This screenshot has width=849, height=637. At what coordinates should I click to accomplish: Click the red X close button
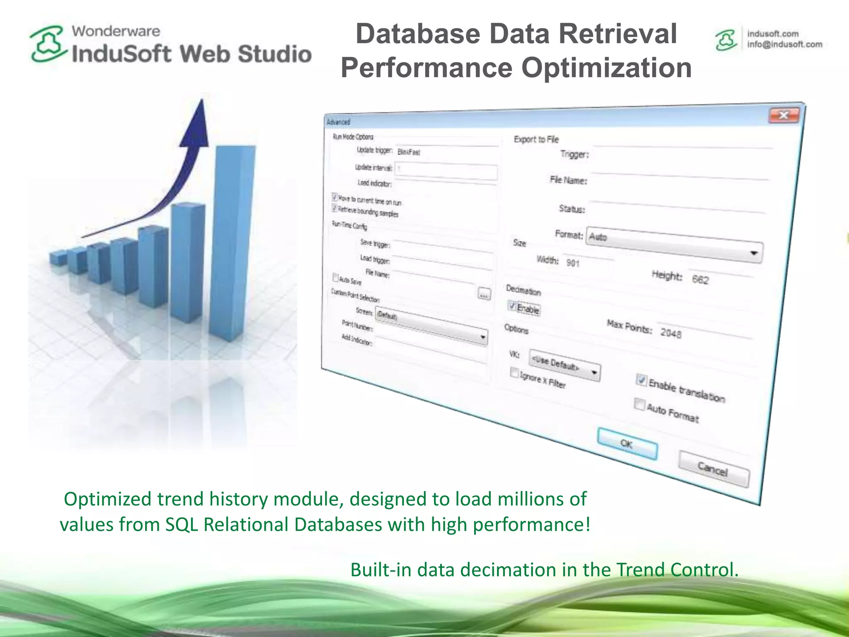tap(784, 115)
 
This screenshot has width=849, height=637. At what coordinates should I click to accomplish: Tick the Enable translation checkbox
tap(642, 379)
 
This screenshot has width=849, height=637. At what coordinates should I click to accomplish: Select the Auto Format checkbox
tap(640, 404)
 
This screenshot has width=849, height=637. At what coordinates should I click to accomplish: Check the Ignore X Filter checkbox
tap(514, 372)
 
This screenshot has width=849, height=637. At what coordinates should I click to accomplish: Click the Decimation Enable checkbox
tap(512, 306)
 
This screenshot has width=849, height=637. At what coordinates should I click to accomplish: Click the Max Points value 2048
tap(671, 333)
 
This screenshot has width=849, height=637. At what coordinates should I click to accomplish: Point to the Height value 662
tap(701, 280)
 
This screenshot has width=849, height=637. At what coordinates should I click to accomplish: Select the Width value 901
tap(573, 263)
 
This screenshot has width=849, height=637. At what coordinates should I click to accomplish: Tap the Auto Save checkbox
tap(336, 277)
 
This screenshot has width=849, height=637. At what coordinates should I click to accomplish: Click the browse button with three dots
tap(484, 294)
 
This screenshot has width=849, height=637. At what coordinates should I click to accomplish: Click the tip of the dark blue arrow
tap(202, 101)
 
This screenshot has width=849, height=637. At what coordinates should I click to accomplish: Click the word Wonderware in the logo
tap(116, 31)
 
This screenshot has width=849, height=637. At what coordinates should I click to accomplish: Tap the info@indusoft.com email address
tap(784, 44)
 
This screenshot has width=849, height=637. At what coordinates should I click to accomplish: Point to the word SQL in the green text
tap(182, 525)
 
